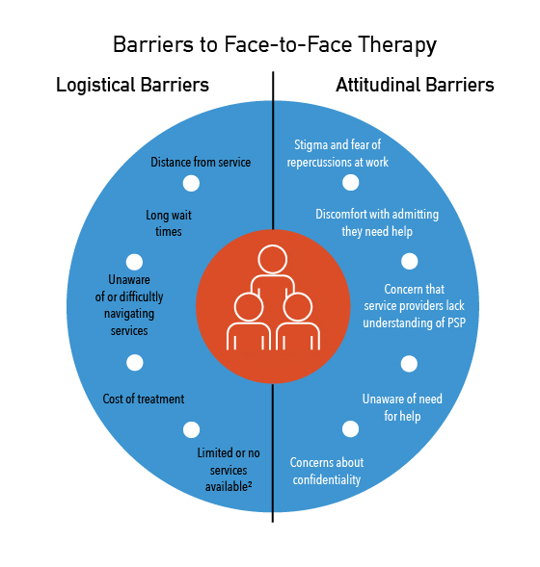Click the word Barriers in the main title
[x=152, y=44]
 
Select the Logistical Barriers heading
[x=132, y=86]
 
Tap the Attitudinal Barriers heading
[x=415, y=86]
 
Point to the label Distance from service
[x=201, y=162]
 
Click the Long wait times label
[x=169, y=223]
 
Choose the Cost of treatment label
[x=144, y=399]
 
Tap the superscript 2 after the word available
[x=250, y=484]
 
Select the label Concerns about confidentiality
[x=327, y=471]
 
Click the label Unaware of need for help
[x=402, y=407]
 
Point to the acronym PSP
[x=456, y=322]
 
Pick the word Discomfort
[x=341, y=214]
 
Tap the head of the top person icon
[x=273, y=259]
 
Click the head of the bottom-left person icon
[x=249, y=307]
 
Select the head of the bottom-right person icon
[x=298, y=307]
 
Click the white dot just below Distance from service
[x=191, y=183]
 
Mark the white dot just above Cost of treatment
[x=135, y=362]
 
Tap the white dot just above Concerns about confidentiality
[x=350, y=429]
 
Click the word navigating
[x=129, y=314]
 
